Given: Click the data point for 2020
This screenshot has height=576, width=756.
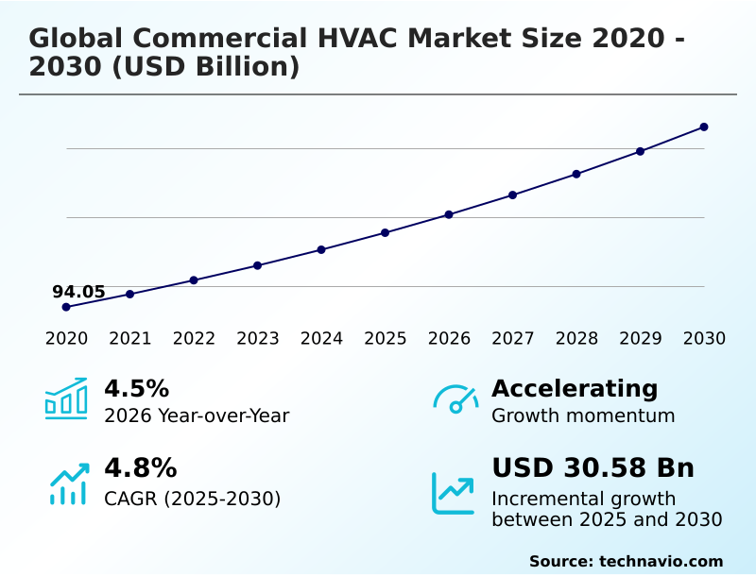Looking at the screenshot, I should tap(66, 307).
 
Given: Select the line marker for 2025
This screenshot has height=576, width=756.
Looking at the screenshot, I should tap(386, 232).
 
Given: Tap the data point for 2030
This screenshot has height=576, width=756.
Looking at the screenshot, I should tap(704, 127).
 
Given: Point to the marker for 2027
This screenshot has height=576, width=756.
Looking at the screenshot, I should tap(512, 195).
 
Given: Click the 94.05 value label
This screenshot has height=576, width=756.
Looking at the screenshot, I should tap(78, 292).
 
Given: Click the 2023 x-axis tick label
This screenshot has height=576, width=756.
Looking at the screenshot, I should tap(257, 339).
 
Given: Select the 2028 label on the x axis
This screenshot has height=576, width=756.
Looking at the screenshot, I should tap(576, 339).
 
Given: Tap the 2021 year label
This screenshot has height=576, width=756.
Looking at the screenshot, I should tap(129, 339).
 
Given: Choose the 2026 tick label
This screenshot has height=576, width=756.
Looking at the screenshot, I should tap(449, 339).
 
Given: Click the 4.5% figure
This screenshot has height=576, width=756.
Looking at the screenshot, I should tap(136, 389).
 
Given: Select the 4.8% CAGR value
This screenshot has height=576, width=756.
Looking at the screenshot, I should tap(140, 468).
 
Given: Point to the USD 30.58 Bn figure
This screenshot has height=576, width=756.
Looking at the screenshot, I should tap(593, 468).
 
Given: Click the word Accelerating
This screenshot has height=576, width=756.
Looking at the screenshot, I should tap(575, 389).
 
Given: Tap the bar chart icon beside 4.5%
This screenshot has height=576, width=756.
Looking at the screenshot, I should tap(66, 398).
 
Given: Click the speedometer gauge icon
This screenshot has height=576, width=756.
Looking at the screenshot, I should tap(455, 398).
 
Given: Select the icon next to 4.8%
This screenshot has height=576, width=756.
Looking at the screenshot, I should tap(68, 483).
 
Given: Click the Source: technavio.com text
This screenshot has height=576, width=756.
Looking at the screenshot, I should tap(626, 561).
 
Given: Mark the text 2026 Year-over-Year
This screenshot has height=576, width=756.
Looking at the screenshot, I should tap(197, 416).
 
